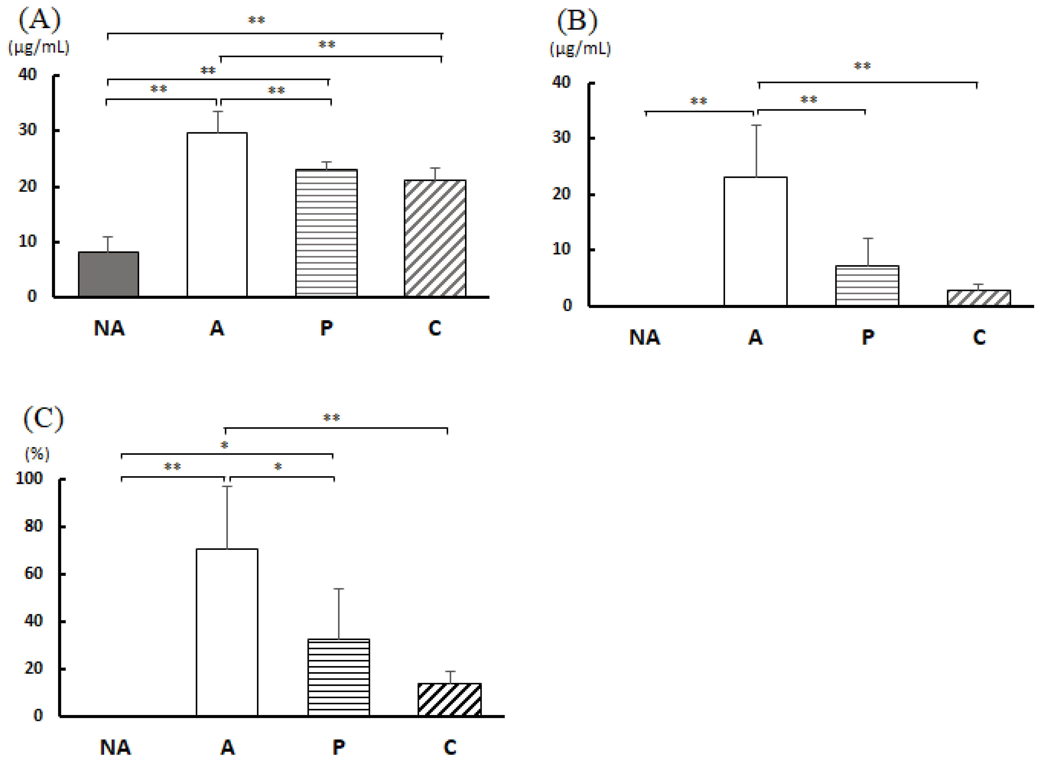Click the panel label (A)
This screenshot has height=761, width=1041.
pos(40,21)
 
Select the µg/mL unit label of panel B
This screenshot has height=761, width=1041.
pos(580,49)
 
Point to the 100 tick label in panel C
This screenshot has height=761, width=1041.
pos(29,478)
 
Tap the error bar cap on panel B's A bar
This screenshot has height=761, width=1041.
pos(756,125)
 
